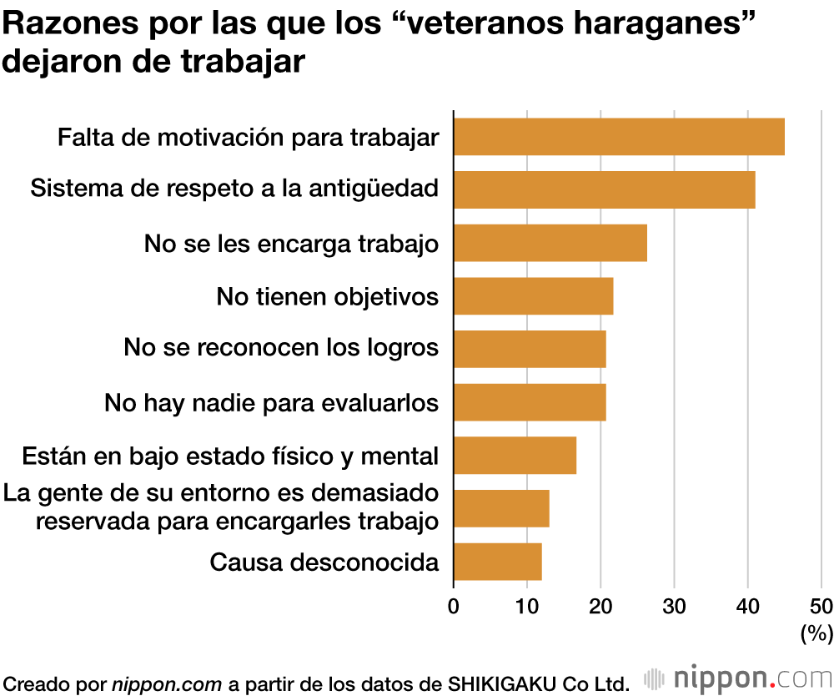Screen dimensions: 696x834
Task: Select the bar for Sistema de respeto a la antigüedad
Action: pyautogui.click(x=604, y=189)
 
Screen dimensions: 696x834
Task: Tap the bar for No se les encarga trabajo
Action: pyautogui.click(x=550, y=243)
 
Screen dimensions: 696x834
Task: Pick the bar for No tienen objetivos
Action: pyautogui.click(x=533, y=296)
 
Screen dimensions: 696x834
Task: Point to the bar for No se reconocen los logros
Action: pyautogui.click(x=529, y=349)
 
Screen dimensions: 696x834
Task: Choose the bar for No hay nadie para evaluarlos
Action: pyautogui.click(x=529, y=402)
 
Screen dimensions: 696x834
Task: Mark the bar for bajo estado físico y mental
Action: pyautogui.click(x=515, y=456)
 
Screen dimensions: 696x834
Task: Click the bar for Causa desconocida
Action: pyautogui.click(x=497, y=562)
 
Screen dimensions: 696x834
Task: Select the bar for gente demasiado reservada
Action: pyautogui.click(x=500, y=508)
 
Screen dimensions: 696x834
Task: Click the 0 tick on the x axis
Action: pyautogui.click(x=454, y=606)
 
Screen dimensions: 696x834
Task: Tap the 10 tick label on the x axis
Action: pyautogui.click(x=527, y=606)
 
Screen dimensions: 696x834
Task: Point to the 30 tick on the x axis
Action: pyautogui.click(x=674, y=606)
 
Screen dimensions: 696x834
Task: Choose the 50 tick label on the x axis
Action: pyautogui.click(x=821, y=606)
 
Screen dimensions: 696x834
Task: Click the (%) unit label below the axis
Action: pyautogui.click(x=816, y=634)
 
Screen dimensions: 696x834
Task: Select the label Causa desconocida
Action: pyautogui.click(x=324, y=562)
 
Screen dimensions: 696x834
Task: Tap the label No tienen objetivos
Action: pyautogui.click(x=327, y=296)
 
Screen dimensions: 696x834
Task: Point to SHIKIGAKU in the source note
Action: pyautogui.click(x=501, y=682)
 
